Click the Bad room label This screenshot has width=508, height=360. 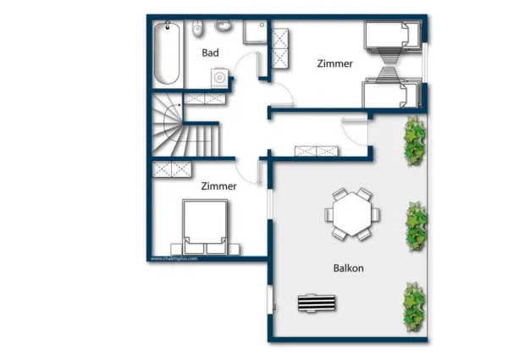211,53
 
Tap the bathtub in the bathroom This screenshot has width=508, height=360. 167,53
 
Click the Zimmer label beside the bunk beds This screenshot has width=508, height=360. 334,64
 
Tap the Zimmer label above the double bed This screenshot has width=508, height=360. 218,186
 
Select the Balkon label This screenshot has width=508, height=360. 348,269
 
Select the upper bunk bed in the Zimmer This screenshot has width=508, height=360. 392,36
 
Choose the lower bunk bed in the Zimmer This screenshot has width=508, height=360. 392,92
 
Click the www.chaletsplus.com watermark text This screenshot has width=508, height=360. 174,258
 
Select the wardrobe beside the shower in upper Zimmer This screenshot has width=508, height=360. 279,48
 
